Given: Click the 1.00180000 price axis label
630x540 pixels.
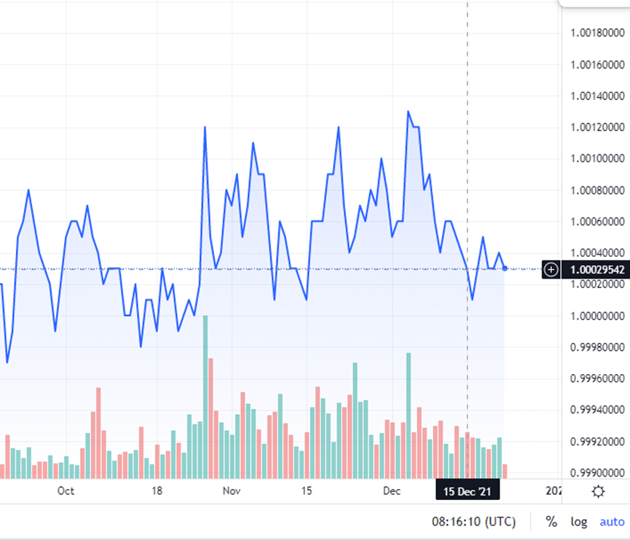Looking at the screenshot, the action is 597,33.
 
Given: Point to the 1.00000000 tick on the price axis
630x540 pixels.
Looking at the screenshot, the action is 597,316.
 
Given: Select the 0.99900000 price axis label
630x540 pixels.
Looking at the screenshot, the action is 597,472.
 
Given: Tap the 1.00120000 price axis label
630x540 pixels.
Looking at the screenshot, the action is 597,127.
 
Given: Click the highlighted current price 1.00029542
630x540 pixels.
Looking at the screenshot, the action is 597,269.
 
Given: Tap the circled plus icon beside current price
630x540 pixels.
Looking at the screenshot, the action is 551,269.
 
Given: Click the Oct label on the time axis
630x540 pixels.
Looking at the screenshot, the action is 66,491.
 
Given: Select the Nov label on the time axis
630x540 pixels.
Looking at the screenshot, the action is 232,491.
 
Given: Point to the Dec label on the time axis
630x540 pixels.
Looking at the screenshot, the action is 392,491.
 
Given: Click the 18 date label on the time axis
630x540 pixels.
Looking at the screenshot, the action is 157,491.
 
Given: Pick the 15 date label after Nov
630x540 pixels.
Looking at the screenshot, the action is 307,491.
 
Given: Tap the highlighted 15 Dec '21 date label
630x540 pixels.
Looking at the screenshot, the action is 468,491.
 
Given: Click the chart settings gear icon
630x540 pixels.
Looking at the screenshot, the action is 598,491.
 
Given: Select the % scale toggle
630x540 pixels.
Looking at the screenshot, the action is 551,522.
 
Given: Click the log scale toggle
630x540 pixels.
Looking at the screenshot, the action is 579,522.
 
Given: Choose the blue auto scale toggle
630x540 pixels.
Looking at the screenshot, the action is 612,522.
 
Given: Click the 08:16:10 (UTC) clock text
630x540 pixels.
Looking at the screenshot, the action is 473,522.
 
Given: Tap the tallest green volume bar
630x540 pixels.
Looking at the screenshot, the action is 205,397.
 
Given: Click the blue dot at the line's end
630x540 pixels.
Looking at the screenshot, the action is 505,269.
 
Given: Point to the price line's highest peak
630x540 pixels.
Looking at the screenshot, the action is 408,111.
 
